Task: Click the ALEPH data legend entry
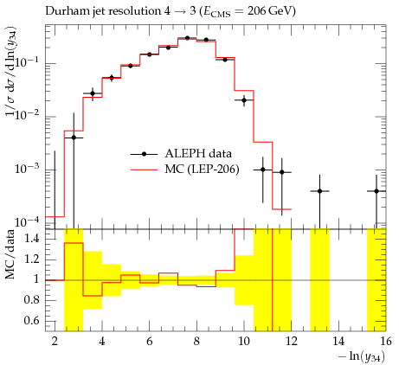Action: tap(181, 153)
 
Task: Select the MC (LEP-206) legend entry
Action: tap(184, 170)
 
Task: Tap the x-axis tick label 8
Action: tap(196, 342)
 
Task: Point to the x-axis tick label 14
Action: tap(338, 342)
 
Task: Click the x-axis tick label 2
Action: tap(55, 342)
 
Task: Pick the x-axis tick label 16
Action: tap(386, 342)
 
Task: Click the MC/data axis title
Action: tap(10, 254)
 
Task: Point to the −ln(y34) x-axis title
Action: tap(362, 356)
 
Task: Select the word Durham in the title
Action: tap(64, 11)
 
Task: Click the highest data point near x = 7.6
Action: tap(187, 38)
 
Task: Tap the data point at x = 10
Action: tap(244, 100)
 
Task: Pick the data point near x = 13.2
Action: tap(319, 191)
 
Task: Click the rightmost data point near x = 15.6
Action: tap(376, 191)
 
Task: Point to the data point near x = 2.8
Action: tap(74, 138)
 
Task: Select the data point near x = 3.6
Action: tap(93, 93)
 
